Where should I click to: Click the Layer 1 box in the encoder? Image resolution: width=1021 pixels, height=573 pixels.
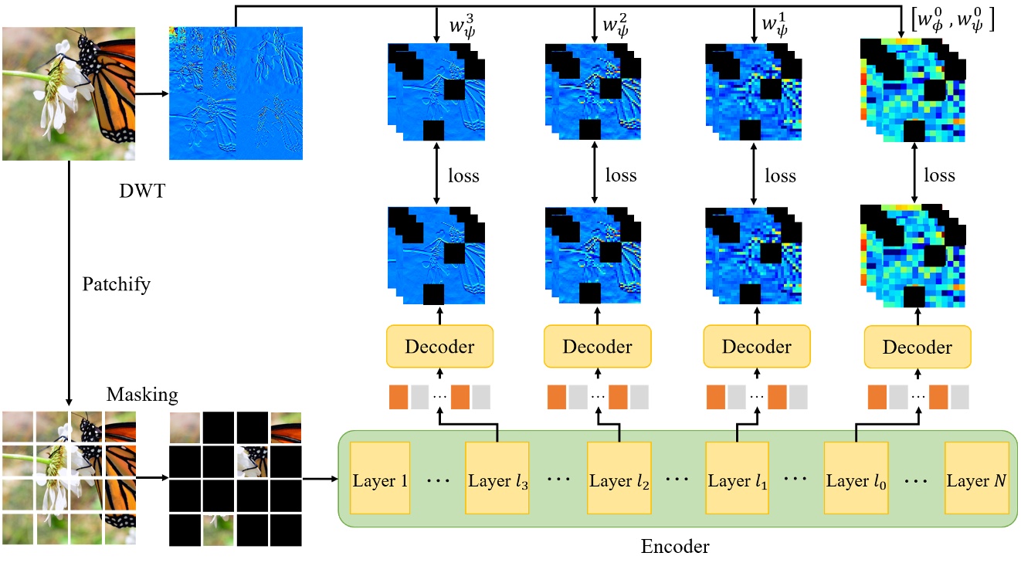pyautogui.click(x=381, y=480)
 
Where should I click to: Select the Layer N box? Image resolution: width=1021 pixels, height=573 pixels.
pyautogui.click(x=977, y=480)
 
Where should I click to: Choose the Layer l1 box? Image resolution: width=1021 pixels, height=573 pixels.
pyautogui.click(x=738, y=480)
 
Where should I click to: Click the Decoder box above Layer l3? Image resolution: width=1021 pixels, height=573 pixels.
pyautogui.click(x=439, y=346)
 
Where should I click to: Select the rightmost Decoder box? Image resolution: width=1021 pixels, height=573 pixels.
pyautogui.click(x=917, y=346)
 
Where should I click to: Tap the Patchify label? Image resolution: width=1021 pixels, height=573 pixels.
pyautogui.click(x=116, y=284)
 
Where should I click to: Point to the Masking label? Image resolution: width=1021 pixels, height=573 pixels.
pyautogui.click(x=142, y=395)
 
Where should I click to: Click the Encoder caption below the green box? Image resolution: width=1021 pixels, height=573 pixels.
pyautogui.click(x=675, y=548)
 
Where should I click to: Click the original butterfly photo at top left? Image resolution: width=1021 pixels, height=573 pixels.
pyautogui.click(x=69, y=93)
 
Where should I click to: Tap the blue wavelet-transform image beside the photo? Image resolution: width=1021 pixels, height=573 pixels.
pyautogui.click(x=236, y=93)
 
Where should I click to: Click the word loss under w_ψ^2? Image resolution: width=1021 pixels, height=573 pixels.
pyautogui.click(x=620, y=176)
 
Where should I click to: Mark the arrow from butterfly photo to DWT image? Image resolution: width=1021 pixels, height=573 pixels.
pyautogui.click(x=152, y=93)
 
